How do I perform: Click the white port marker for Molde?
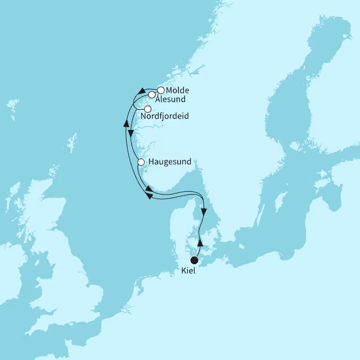tap(161, 90)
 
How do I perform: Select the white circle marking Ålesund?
tap(152, 95)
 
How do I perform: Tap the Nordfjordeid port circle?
tap(148, 109)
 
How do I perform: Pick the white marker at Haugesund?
tap(141, 163)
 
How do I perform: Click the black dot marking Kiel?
tap(194, 260)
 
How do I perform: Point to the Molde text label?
tap(177, 90)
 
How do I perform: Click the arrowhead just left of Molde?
tap(143, 91)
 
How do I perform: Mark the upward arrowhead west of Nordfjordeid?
tap(126, 122)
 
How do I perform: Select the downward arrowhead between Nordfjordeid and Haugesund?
tap(131, 134)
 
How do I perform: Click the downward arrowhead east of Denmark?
tap(204, 213)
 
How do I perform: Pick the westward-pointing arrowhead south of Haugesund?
tap(148, 195)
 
